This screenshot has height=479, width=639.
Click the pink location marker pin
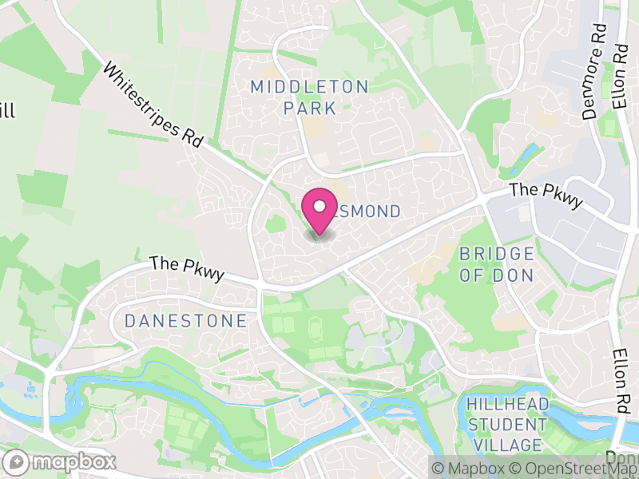[x=319, y=211]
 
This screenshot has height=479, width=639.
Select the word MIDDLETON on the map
[x=310, y=86]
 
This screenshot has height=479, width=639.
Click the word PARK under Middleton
[x=310, y=107]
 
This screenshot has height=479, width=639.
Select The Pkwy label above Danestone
[x=187, y=267]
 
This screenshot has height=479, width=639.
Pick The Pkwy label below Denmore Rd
[x=546, y=196]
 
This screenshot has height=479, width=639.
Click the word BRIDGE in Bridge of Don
[x=496, y=255]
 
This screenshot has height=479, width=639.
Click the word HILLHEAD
[x=506, y=406]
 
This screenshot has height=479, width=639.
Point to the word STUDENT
[x=508, y=425]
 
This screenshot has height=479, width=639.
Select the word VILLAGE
[x=508, y=444]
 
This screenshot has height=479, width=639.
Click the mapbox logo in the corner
[x=61, y=461]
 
